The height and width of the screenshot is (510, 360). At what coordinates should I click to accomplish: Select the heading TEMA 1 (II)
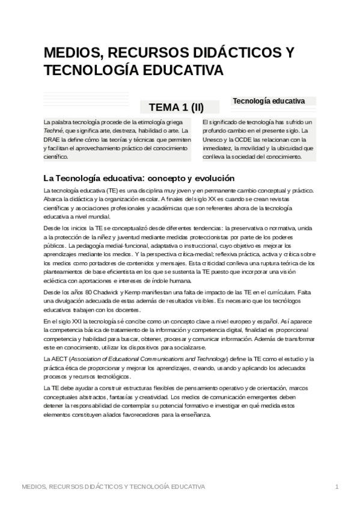(176, 108)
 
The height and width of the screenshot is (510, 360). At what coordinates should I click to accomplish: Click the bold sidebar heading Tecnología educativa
(269, 101)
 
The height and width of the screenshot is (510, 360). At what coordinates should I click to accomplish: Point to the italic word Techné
(53, 131)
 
